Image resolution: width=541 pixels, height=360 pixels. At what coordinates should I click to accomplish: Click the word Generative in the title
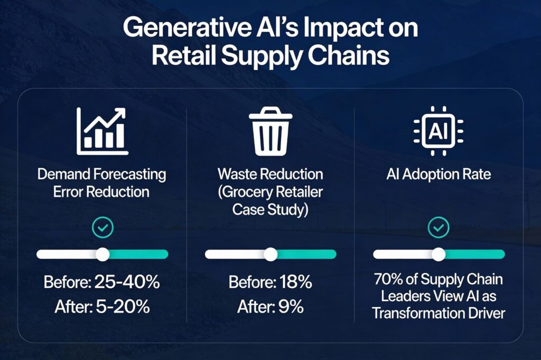[187, 27]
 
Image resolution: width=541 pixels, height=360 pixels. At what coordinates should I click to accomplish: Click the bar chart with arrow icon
[102, 131]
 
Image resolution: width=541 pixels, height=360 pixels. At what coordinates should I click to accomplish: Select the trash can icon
[270, 131]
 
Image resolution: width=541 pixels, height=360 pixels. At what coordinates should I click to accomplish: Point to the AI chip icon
[439, 131]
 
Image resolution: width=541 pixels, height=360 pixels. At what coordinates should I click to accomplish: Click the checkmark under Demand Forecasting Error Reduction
[102, 228]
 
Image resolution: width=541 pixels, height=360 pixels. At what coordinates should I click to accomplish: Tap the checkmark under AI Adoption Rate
[439, 228]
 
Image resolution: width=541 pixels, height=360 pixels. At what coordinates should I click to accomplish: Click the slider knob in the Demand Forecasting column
[102, 254]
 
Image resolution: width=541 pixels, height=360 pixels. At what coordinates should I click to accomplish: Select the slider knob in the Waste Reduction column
[270, 254]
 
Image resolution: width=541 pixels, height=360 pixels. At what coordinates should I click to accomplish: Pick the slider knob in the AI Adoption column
[439, 254]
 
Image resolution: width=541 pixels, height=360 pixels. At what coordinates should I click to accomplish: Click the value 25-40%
[127, 282]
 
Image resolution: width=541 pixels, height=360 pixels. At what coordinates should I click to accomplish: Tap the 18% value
[296, 282]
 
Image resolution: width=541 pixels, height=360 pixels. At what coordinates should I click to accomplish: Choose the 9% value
[291, 306]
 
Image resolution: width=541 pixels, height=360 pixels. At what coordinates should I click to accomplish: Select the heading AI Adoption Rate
[439, 174]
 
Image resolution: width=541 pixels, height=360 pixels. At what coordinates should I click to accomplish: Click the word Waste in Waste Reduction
[237, 174]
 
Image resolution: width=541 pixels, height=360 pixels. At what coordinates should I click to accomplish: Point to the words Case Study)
[270, 210]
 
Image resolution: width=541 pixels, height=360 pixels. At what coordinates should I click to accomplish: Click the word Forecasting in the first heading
[130, 175]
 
